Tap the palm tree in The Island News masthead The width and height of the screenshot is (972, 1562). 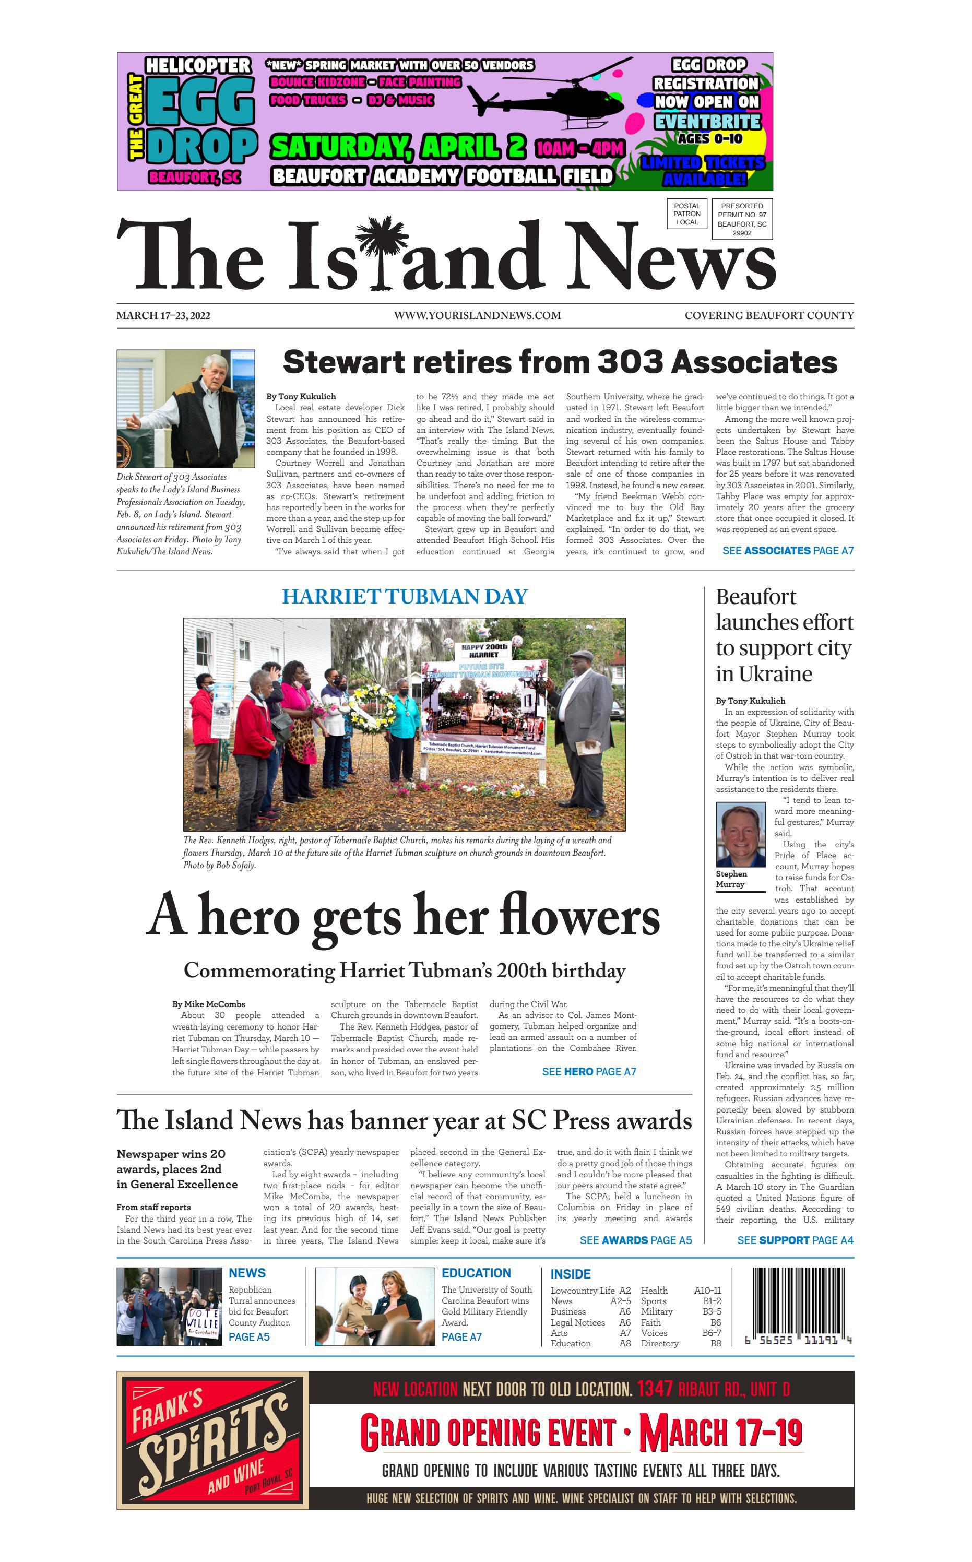[x=383, y=251]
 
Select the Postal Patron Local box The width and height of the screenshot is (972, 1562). [x=686, y=214]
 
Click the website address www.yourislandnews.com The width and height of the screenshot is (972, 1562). [x=477, y=315]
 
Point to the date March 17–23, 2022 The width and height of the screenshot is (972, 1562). [x=163, y=315]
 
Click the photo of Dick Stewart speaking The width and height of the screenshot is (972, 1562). [x=186, y=409]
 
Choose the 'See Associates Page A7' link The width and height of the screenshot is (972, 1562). [x=788, y=551]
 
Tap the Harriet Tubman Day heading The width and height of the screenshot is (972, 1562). [x=405, y=597]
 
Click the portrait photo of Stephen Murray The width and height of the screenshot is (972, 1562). [x=741, y=834]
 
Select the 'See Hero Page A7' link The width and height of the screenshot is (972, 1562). [x=589, y=1072]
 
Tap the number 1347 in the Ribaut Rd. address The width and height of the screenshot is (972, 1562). [x=655, y=1389]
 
